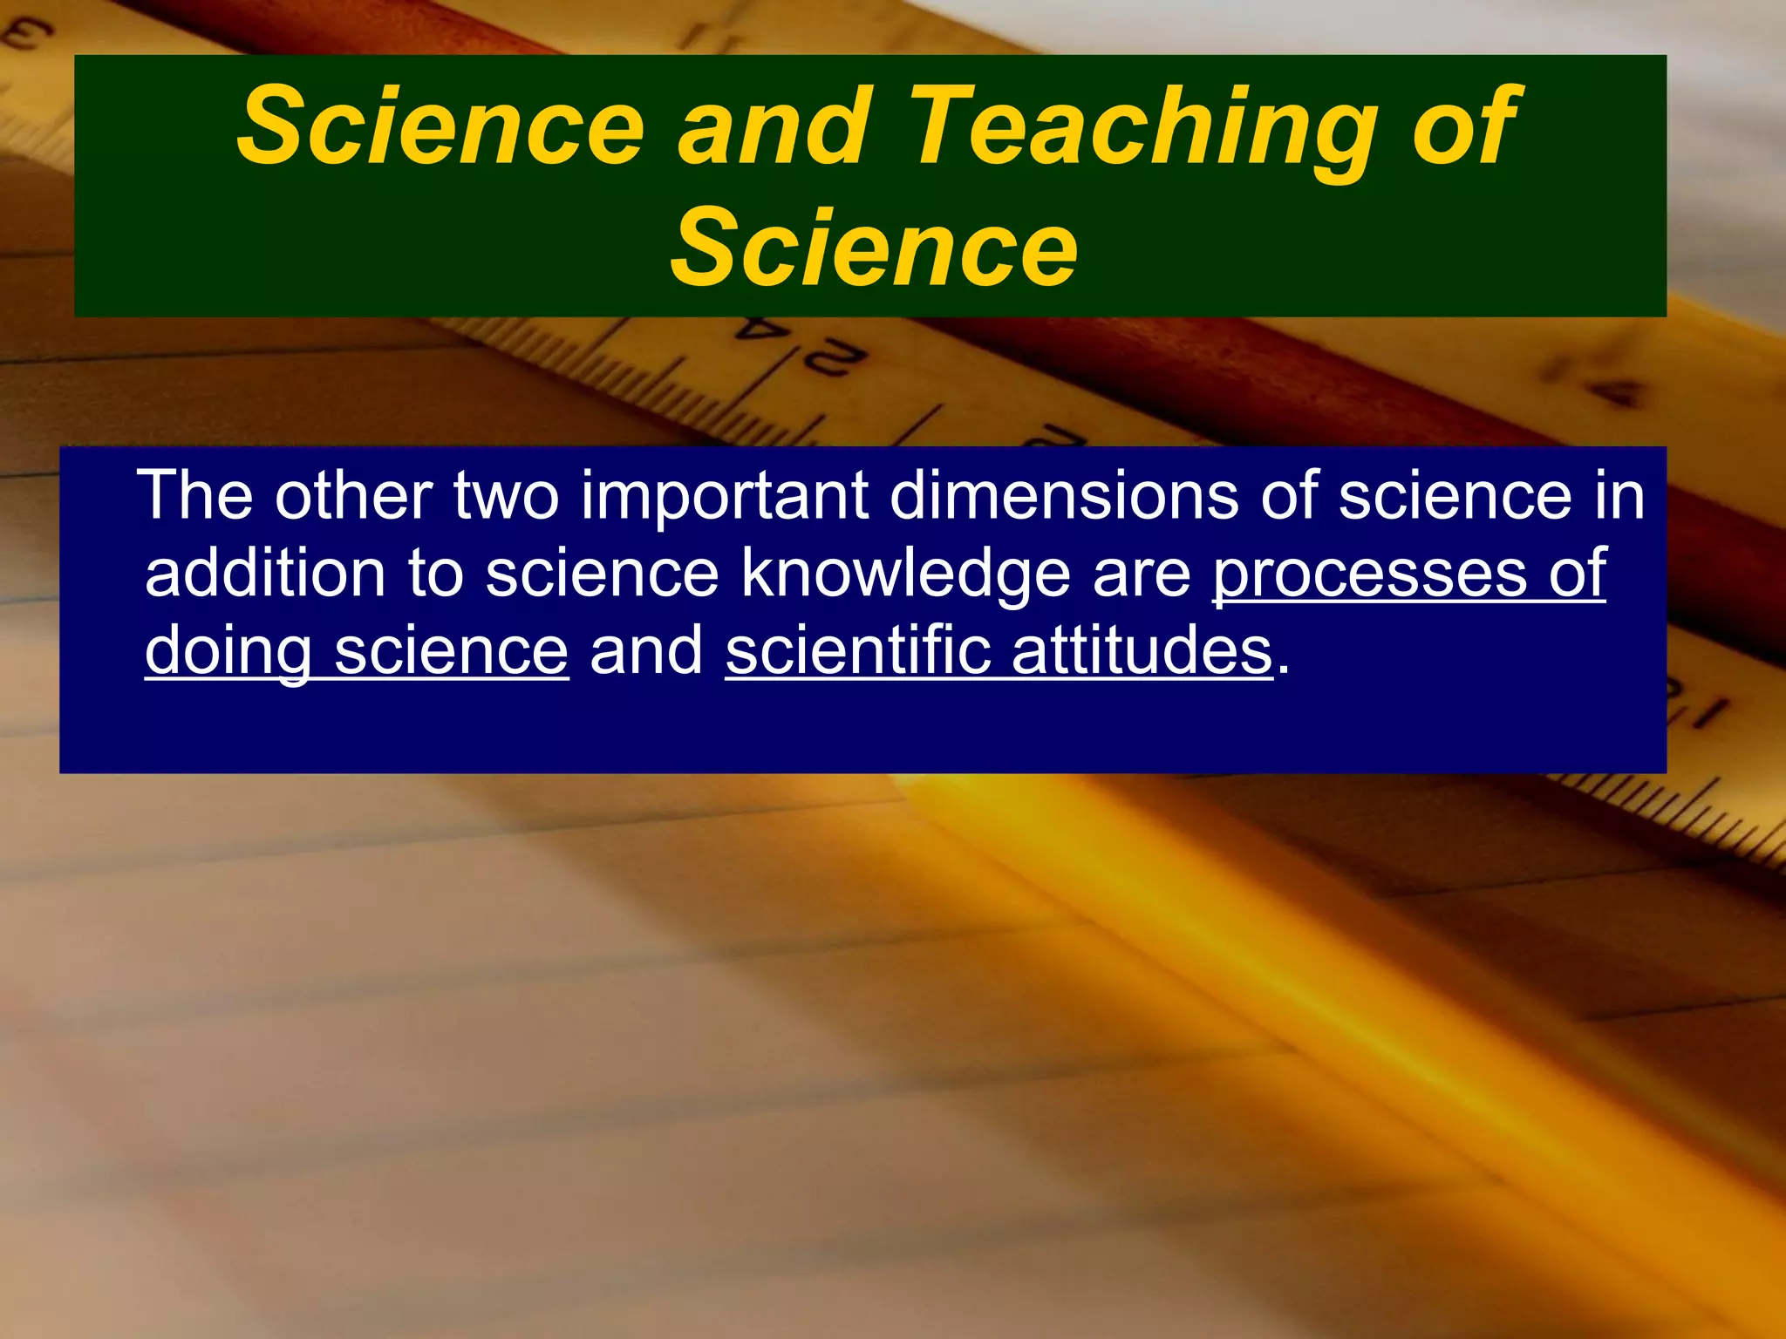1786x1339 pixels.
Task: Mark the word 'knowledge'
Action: click(x=905, y=576)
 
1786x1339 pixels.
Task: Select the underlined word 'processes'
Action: click(x=1369, y=576)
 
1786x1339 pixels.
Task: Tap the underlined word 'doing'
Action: click(x=228, y=652)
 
